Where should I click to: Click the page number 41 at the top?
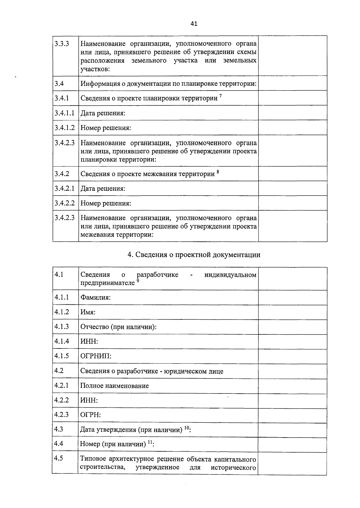click(x=194, y=24)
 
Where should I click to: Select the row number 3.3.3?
click(x=62, y=44)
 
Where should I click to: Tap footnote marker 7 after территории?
click(x=220, y=96)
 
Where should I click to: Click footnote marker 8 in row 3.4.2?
click(x=218, y=172)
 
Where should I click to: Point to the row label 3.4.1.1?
click(x=64, y=113)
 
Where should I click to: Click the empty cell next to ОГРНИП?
click(x=292, y=356)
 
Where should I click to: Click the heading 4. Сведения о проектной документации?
click(x=194, y=255)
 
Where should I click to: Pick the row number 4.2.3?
click(x=61, y=414)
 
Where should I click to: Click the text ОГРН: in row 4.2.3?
click(x=90, y=415)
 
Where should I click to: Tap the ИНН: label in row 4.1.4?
click(x=89, y=342)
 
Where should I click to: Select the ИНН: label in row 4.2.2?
click(x=89, y=400)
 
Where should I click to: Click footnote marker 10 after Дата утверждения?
click(x=186, y=428)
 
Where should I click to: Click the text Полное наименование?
click(x=115, y=386)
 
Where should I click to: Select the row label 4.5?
click(x=59, y=458)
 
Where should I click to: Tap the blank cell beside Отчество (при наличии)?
click(x=292, y=327)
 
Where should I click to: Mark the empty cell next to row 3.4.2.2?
click(x=292, y=203)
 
